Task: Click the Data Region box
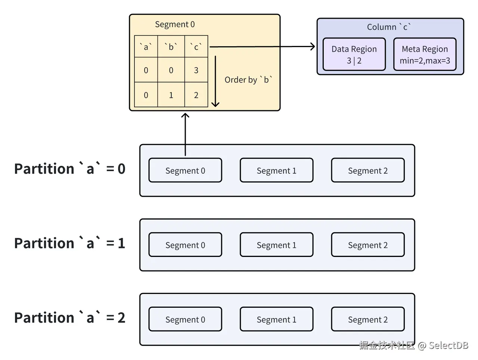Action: [354, 54]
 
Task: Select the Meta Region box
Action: [425, 54]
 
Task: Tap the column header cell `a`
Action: [146, 47]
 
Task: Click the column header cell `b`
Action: [171, 47]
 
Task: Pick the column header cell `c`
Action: [196, 47]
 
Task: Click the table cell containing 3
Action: [196, 70]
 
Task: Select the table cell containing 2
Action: [196, 95]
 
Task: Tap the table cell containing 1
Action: [171, 95]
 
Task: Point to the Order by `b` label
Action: [248, 80]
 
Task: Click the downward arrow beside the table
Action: [215, 81]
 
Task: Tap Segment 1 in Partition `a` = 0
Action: [276, 170]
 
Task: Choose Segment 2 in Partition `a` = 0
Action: [367, 170]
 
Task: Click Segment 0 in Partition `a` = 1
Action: [185, 245]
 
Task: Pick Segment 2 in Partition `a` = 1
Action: [367, 245]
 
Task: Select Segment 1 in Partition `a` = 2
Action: [276, 319]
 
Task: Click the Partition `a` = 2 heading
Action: [70, 317]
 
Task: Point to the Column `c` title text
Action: [389, 27]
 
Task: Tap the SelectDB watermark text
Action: [448, 345]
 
